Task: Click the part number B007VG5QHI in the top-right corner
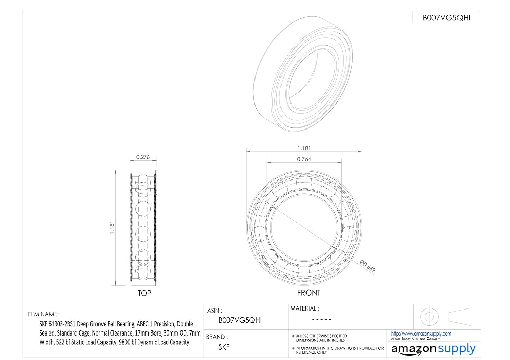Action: click(446, 18)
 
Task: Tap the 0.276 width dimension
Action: click(143, 157)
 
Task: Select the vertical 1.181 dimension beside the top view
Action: click(112, 227)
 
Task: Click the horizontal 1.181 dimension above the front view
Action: click(304, 148)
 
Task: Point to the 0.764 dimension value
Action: click(304, 159)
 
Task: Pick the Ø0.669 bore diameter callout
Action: click(368, 266)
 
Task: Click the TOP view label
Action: click(144, 293)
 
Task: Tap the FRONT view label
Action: click(309, 293)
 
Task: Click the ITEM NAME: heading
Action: click(43, 314)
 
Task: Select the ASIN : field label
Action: click(215, 311)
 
